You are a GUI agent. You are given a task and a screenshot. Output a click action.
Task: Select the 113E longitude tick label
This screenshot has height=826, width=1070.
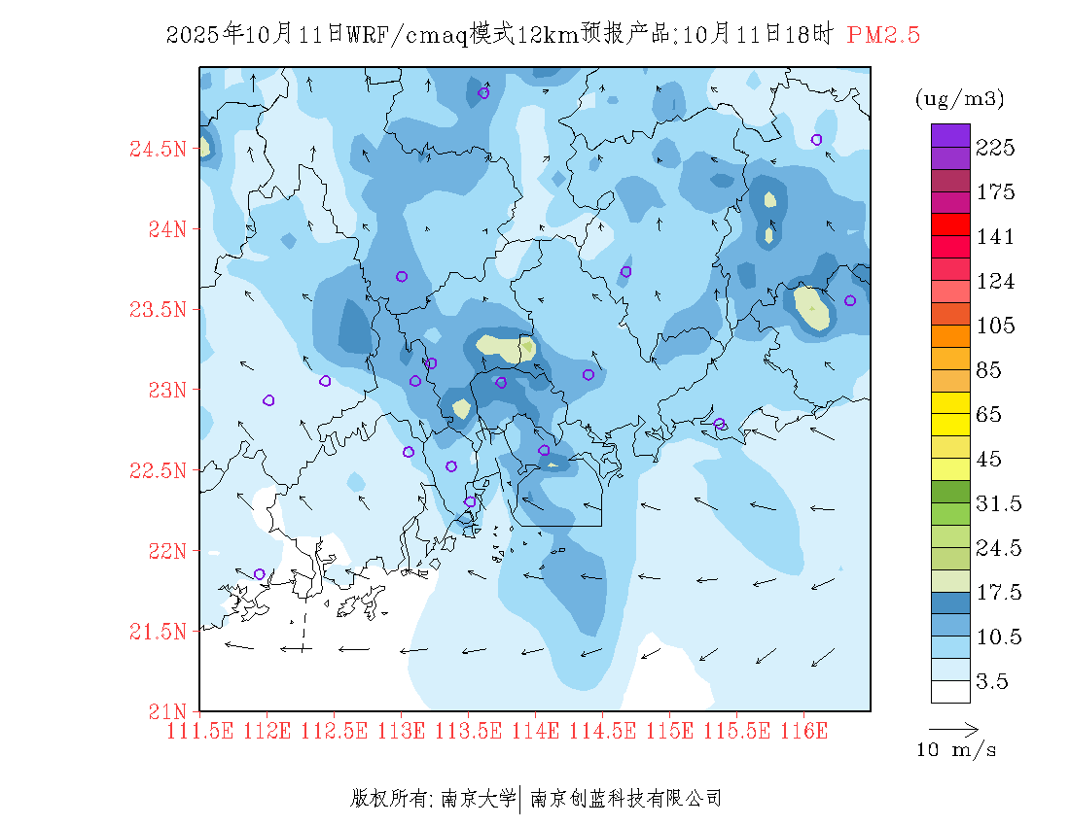pyautogui.click(x=401, y=730)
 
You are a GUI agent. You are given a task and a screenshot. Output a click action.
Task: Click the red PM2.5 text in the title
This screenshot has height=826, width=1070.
pyautogui.click(x=883, y=36)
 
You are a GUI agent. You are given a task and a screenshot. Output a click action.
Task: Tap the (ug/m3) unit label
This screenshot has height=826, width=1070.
pyautogui.click(x=959, y=98)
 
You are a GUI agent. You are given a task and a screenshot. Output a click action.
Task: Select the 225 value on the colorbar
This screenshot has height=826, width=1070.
pyautogui.click(x=996, y=148)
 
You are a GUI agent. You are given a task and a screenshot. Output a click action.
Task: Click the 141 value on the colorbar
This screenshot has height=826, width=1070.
pyautogui.click(x=996, y=237)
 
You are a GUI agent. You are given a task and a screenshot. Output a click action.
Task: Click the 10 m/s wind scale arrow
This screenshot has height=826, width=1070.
pyautogui.click(x=953, y=728)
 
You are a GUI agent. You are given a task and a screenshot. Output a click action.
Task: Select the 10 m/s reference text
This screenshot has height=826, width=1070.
pyautogui.click(x=957, y=750)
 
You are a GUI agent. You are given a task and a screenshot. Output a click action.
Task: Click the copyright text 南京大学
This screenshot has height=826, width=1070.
pyautogui.click(x=478, y=799)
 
